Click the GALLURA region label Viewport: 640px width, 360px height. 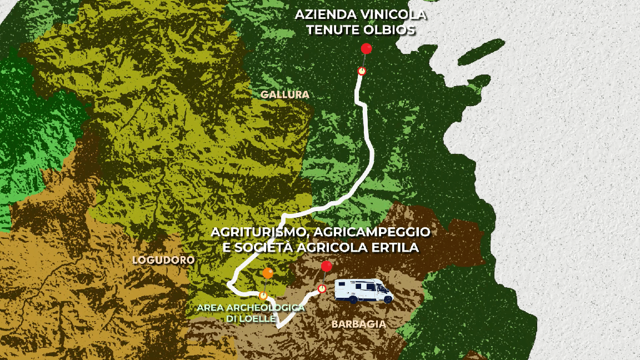[284, 94]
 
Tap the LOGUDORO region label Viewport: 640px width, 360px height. [163, 260]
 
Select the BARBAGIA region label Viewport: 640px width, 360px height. [358, 324]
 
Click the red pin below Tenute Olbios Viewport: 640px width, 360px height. [366, 48]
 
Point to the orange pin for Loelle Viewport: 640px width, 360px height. [268, 273]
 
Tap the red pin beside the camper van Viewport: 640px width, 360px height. [326, 266]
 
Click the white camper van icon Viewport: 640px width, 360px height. [364, 291]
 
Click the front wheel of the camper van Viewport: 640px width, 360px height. [387, 300]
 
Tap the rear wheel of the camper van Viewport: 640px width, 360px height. [353, 300]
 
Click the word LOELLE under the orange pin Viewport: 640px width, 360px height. [258, 318]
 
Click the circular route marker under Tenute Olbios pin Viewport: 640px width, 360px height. [362, 71]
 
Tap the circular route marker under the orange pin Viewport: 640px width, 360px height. [263, 296]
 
